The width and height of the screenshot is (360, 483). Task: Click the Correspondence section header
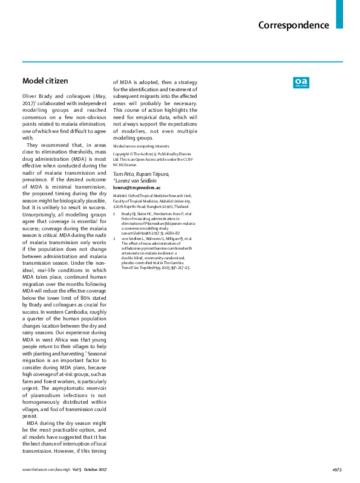coord(293,25)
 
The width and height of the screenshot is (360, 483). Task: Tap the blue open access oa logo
coord(301,82)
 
